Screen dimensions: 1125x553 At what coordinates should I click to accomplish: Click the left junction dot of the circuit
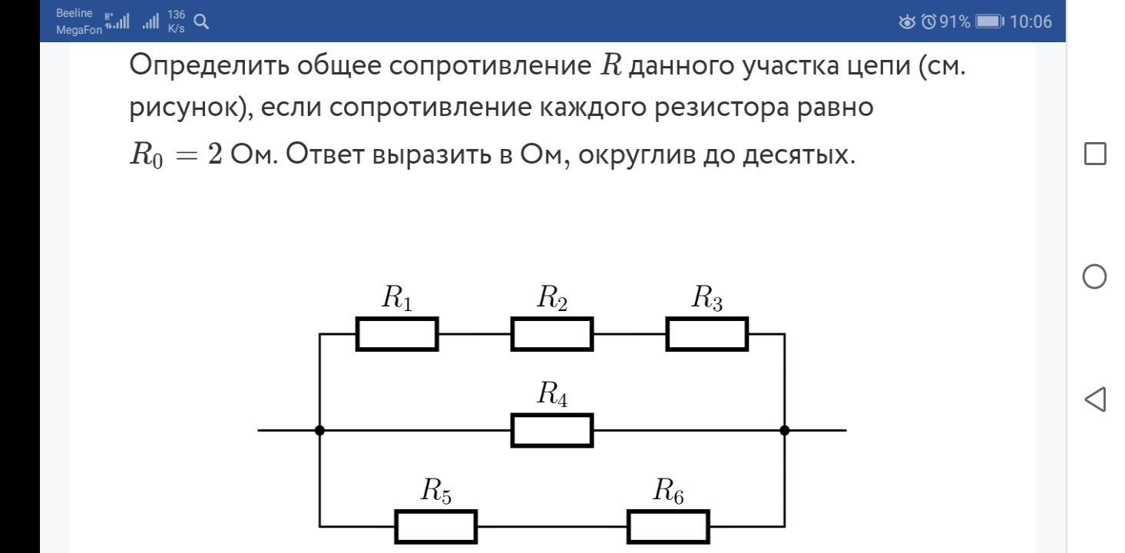coord(319,430)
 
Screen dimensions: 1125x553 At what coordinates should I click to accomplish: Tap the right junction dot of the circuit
coord(785,430)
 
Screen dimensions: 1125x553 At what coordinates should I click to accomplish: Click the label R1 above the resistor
coord(397,297)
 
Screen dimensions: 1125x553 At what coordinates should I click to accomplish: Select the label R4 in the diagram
coord(552,393)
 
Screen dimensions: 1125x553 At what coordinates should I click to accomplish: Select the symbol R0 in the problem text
coord(147,154)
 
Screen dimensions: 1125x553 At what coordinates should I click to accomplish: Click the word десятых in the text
coord(799,154)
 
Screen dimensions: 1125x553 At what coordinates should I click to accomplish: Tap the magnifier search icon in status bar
coord(201,22)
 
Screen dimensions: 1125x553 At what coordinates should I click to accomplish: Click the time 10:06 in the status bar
coord(1031,22)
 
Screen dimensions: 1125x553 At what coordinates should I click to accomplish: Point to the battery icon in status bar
coord(990,22)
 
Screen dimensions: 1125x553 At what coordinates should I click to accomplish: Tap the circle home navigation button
coord(1094,276)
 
